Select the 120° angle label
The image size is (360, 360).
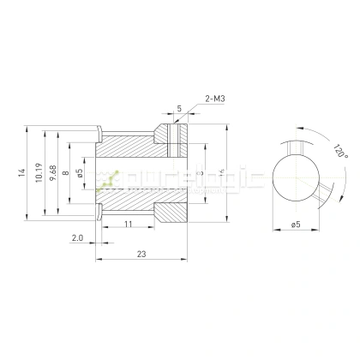tap(340, 153)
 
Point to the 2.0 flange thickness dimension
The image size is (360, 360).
tap(77, 237)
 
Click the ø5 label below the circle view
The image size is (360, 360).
tap(296, 225)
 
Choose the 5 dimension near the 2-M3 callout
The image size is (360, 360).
tap(179, 108)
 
